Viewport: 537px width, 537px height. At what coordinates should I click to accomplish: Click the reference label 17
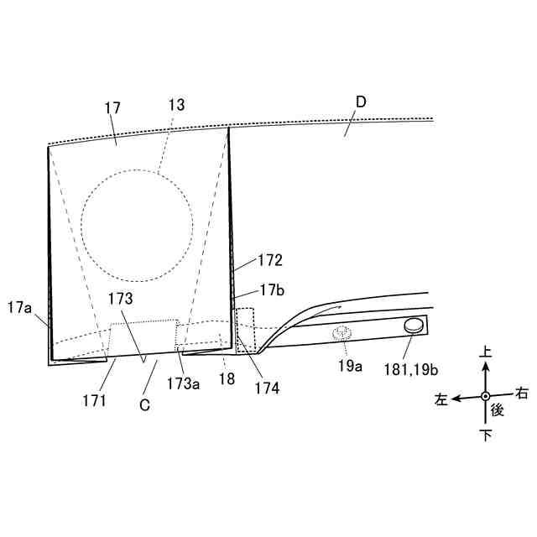[113, 108]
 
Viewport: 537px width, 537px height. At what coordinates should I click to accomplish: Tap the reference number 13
[176, 105]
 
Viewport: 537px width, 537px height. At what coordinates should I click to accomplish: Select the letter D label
[360, 102]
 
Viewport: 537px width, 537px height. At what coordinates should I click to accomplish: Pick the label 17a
[19, 308]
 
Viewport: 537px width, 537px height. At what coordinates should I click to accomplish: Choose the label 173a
[183, 383]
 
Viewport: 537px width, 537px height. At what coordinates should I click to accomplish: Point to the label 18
[226, 380]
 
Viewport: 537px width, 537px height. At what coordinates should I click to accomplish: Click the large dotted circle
[137, 227]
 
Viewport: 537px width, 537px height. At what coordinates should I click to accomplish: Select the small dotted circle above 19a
[341, 333]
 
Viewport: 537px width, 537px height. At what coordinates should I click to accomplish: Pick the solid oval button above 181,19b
[414, 326]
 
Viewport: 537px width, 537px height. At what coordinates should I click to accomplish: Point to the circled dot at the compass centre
[485, 396]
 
